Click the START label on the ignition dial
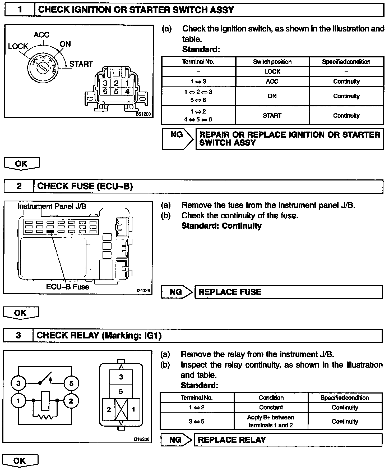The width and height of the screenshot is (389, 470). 81,64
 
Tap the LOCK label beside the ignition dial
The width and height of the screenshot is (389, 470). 18,46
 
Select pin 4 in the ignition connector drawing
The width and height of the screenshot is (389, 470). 127,92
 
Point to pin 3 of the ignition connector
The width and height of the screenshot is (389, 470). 105,83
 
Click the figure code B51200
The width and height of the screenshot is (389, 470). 143,114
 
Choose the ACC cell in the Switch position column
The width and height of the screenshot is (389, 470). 272,82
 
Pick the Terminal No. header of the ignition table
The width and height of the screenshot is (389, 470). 198,62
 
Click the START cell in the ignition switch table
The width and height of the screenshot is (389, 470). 272,116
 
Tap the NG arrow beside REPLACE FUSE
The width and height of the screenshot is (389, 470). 177,292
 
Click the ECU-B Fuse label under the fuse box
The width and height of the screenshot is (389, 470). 67,287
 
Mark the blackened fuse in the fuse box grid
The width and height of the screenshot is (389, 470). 50,231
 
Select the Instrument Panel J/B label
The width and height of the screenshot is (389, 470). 52,206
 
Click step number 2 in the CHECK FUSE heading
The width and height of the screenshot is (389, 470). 19,186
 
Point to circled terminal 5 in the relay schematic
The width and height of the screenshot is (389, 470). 71,383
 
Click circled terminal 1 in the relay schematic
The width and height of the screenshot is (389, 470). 18,401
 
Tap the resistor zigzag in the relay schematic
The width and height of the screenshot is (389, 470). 45,417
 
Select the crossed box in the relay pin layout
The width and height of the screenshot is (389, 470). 121,409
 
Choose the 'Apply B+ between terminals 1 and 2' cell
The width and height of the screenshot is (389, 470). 271,421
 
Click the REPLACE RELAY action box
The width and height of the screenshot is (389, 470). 288,440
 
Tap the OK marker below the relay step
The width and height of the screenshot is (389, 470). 20,461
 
